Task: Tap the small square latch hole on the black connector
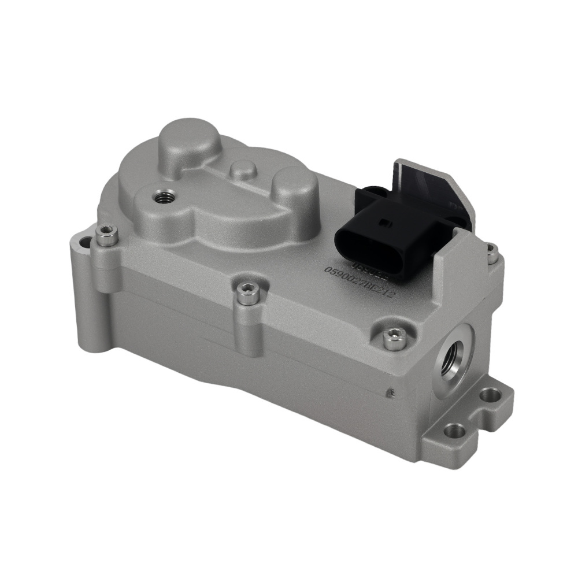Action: click(x=381, y=220)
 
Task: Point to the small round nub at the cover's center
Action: click(x=242, y=169)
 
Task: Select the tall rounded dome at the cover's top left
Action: click(x=189, y=140)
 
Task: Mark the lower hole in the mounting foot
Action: click(x=453, y=431)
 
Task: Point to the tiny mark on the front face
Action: click(x=391, y=392)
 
